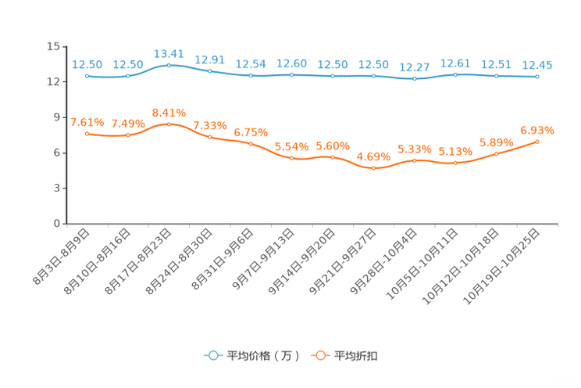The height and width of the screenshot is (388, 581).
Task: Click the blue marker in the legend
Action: tap(212, 355)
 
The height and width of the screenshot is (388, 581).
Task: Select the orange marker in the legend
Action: tap(319, 355)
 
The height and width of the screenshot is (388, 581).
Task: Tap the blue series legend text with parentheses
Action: tap(263, 356)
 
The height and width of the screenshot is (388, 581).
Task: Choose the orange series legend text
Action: tap(357, 356)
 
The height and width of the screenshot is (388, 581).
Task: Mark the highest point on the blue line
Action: tap(169, 65)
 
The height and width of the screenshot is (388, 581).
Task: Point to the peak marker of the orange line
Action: tap(169, 124)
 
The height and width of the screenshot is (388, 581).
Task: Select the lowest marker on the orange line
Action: tap(374, 168)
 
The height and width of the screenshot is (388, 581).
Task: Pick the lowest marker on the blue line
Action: tap(414, 79)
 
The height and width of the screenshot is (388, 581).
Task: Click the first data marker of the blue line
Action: tap(87, 76)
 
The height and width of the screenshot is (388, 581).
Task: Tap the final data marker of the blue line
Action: tap(537, 76)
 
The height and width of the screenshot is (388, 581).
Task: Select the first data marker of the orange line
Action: tap(87, 134)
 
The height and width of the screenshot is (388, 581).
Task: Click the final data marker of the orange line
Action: tap(537, 141)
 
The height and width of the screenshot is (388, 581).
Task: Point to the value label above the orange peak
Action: tap(169, 113)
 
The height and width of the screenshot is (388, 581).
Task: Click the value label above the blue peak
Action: tap(169, 53)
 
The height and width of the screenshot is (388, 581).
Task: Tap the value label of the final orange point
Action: tap(537, 129)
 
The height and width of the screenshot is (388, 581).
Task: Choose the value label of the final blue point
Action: tap(537, 64)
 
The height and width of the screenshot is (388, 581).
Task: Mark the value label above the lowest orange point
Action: tap(374, 156)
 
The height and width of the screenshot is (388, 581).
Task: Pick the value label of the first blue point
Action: tap(87, 64)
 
